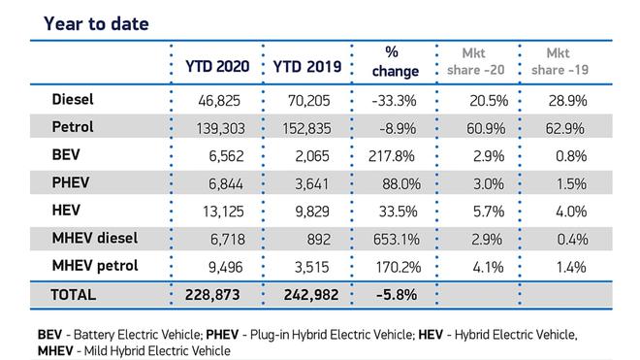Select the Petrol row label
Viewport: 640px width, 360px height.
(x=73, y=127)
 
